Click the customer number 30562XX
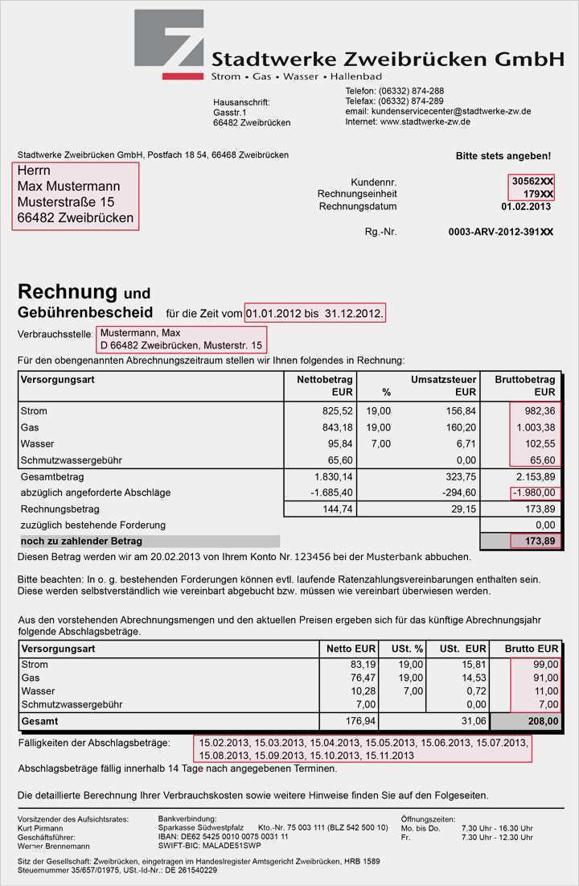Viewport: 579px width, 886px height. tap(532, 182)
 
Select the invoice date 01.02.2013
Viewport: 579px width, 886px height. tap(527, 207)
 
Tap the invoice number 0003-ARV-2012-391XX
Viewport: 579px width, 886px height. tap(501, 232)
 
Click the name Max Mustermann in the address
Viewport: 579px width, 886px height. tap(69, 186)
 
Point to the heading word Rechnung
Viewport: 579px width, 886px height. tap(68, 291)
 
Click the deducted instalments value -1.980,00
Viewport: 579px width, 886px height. tap(533, 492)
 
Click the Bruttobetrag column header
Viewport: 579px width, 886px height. tap(525, 379)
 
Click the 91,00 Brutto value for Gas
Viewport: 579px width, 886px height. tap(544, 678)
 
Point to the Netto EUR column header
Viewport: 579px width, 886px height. tap(351, 649)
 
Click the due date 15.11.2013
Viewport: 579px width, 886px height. tap(389, 756)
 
